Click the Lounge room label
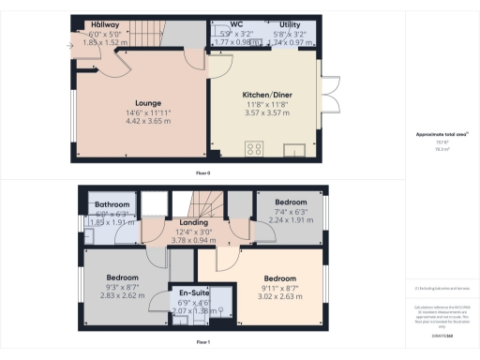(x=148, y=102)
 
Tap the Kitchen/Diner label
(x=263, y=97)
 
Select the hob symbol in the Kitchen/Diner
(x=254, y=147)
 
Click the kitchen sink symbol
(x=295, y=147)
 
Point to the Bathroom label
(x=111, y=204)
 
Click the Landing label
(x=192, y=222)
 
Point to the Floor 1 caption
(x=202, y=343)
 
